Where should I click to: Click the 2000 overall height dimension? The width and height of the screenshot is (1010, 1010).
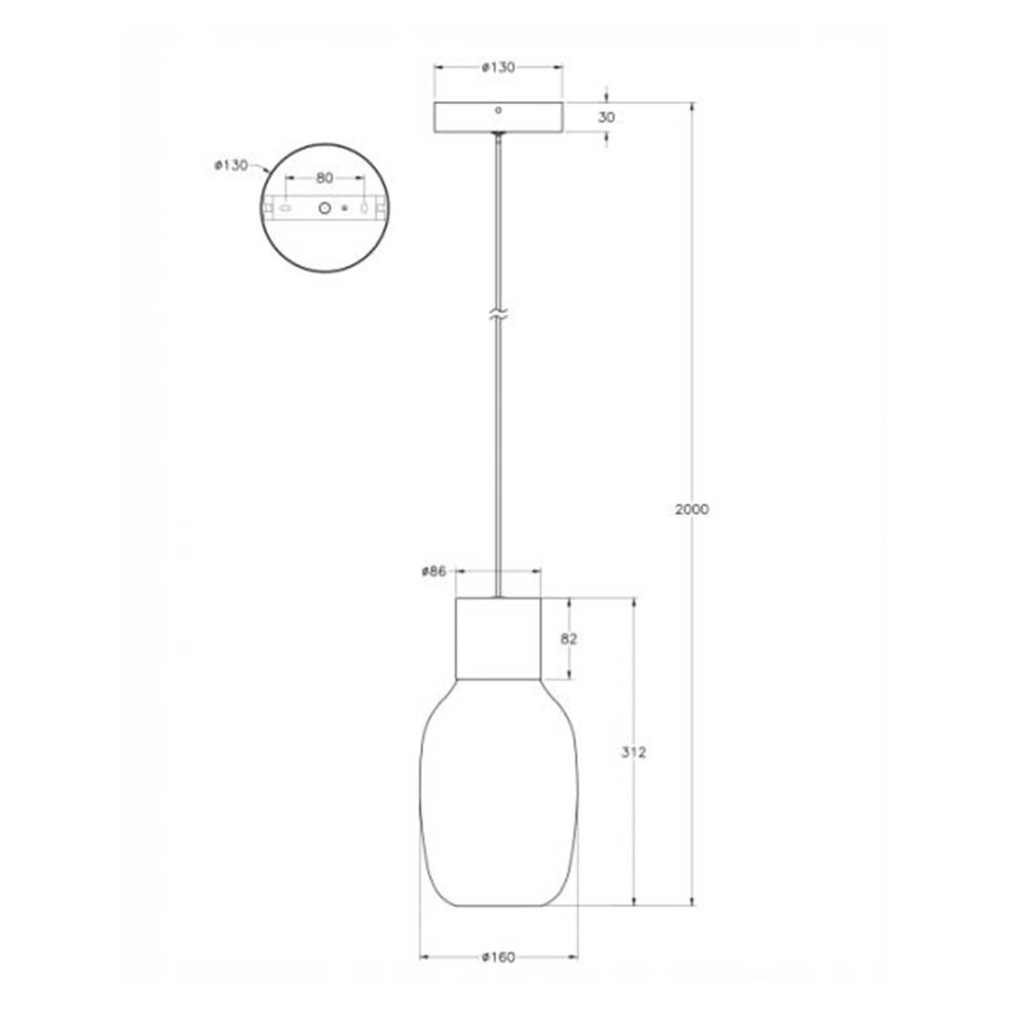692,509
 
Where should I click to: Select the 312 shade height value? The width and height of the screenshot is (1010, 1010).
633,752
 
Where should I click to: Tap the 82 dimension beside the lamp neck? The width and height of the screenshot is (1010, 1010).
569,639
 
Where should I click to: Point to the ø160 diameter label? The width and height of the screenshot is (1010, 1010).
498,957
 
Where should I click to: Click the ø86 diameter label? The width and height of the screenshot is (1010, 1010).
433,571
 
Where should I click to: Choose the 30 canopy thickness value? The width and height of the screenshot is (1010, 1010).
606,118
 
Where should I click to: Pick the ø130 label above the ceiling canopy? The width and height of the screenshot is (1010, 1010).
498,68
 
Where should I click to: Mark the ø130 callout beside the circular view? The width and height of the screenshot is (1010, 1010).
231,165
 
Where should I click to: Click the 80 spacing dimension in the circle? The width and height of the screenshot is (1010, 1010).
325,178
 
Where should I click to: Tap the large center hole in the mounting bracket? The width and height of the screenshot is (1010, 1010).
324,207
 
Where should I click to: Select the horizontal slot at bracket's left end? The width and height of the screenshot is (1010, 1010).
286,207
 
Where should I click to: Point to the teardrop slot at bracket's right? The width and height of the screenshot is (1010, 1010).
364,207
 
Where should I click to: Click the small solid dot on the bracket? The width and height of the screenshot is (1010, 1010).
343,207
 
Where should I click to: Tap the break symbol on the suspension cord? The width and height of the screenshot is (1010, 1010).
498,316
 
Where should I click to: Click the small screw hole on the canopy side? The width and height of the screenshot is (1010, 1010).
498,109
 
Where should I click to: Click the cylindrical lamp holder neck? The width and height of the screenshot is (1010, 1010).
498,638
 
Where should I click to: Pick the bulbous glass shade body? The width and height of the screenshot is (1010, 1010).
498,800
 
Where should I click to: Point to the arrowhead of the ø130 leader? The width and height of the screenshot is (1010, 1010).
267,173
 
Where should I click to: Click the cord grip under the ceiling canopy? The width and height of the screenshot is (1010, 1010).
498,136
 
